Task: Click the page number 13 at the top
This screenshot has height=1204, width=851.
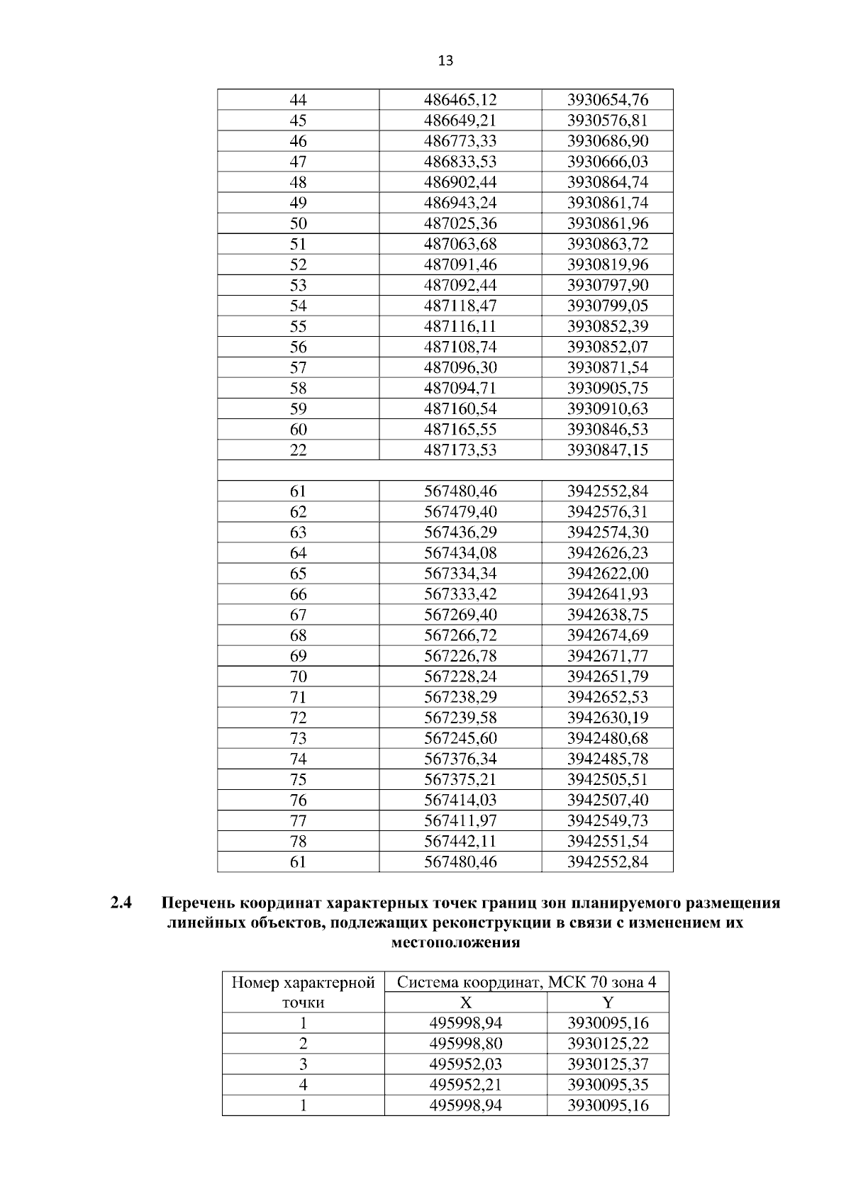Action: coord(445,61)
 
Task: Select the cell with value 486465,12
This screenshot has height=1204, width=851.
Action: coord(460,99)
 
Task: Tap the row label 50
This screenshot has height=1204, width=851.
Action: coord(299,223)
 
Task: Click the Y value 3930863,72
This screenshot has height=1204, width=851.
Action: coord(608,244)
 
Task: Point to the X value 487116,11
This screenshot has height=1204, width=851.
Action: coord(460,326)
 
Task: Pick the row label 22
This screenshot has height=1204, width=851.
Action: coord(299,450)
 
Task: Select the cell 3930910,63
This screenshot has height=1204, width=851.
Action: coord(608,408)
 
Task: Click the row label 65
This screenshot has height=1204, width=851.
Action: coord(299,573)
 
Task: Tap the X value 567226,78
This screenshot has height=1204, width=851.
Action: coord(460,656)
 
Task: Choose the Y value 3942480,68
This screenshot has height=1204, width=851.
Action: coord(608,738)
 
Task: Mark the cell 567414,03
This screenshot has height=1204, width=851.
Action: coord(460,800)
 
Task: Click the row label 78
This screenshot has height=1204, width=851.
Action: coord(299,841)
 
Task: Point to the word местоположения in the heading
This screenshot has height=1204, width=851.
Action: coord(455,943)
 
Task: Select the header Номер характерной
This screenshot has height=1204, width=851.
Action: coord(304,983)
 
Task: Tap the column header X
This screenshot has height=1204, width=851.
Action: coord(466,1003)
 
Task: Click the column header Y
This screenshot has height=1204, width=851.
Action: coord(608,1003)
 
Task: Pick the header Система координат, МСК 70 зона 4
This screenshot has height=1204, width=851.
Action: coord(526,982)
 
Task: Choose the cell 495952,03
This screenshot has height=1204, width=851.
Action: coord(466,1064)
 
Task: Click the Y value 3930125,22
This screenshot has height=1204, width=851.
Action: coord(608,1044)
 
